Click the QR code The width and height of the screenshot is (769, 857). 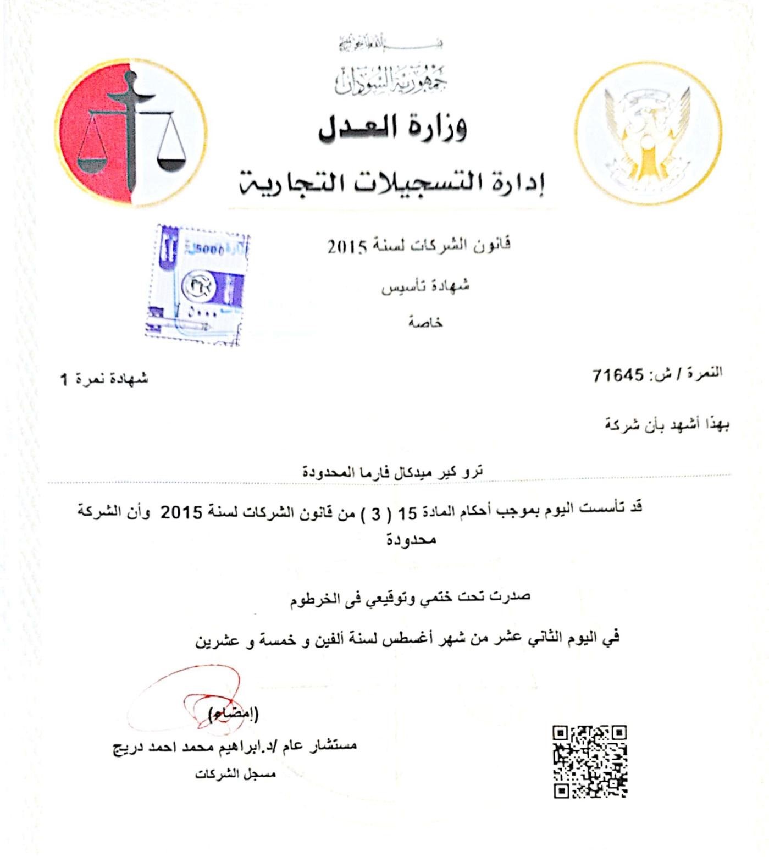pos(590,761)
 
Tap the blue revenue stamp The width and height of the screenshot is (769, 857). pos(196,284)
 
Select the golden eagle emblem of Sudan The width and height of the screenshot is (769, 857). pos(649,133)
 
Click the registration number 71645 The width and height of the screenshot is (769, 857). pos(618,376)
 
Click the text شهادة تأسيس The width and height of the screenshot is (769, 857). pos(425,286)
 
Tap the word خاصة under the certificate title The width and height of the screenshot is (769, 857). pos(425,323)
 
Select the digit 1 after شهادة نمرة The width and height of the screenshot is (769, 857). pos(64,379)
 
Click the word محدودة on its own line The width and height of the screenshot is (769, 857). pos(411,539)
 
